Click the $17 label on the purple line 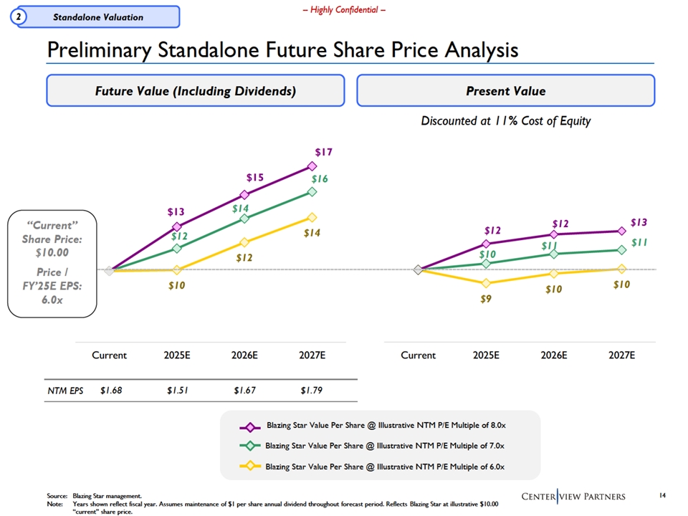tap(323, 153)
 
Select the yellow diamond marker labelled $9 tap(486, 284)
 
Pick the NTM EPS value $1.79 tap(312, 391)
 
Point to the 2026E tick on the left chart tap(244, 355)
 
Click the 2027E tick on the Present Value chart tap(621, 355)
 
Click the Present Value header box tap(505, 91)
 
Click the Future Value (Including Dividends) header tap(196, 91)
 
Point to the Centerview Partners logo tap(573, 497)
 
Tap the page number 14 tap(661, 496)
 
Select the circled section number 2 tap(17, 16)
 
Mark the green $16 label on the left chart tap(320, 178)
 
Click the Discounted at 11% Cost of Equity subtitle tap(506, 121)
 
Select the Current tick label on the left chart tap(109, 355)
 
